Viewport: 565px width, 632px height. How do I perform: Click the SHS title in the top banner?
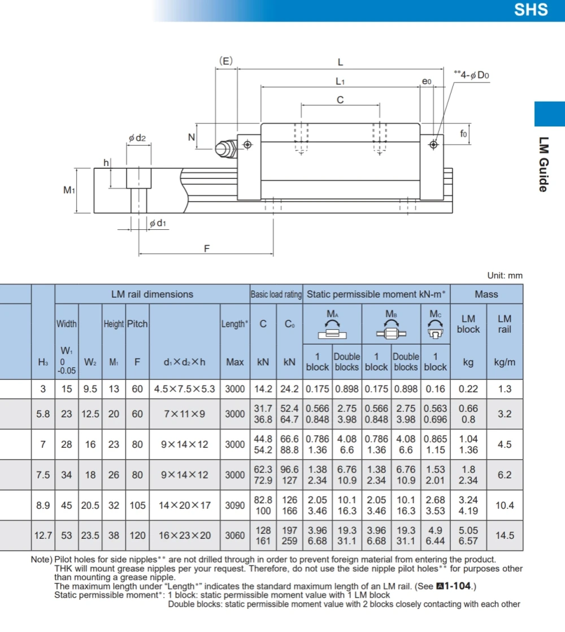[531, 9]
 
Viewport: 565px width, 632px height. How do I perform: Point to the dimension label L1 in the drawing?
[340, 81]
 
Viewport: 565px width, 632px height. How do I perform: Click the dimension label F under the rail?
[206, 249]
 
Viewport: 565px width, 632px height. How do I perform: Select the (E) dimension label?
[226, 61]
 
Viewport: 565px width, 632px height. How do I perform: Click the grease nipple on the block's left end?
[226, 149]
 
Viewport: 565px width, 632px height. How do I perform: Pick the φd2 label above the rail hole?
[137, 138]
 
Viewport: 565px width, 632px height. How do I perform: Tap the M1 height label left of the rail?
[69, 190]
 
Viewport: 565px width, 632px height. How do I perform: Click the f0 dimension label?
[463, 133]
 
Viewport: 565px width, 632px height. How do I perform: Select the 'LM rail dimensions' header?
[152, 294]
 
